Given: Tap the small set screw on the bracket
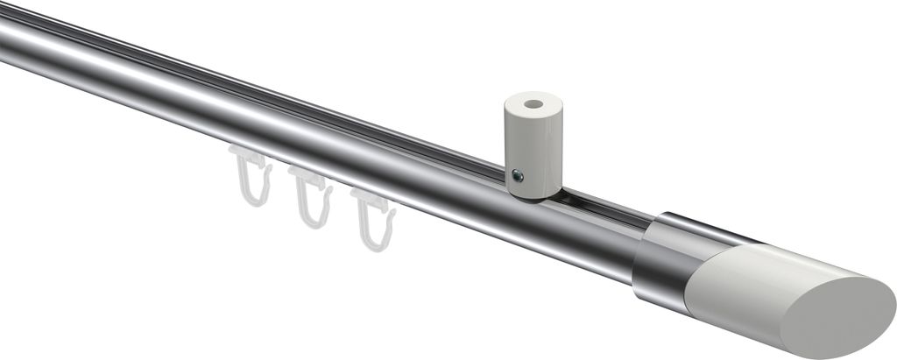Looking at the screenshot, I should [518, 177].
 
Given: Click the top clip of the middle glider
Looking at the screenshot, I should [307, 174].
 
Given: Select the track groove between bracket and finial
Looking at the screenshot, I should [604, 207].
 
